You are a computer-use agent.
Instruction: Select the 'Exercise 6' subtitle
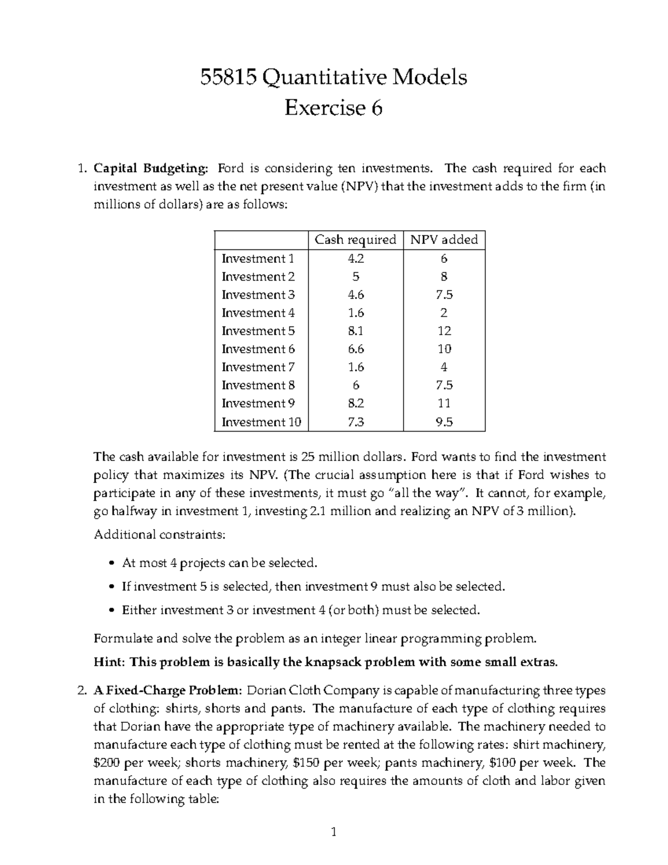click(333, 108)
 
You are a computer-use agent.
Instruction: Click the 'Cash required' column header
click(355, 240)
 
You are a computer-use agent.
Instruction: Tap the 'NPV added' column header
click(444, 240)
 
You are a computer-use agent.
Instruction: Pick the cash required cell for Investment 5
click(355, 331)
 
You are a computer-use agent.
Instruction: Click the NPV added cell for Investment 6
click(444, 349)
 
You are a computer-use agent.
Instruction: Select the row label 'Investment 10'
click(261, 422)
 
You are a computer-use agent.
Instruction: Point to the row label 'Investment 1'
click(257, 258)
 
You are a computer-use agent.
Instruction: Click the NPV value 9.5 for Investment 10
click(444, 422)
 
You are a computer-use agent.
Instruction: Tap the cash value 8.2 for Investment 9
click(355, 403)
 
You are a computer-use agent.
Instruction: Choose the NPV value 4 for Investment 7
click(444, 367)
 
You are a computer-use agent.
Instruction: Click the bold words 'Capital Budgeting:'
click(153, 168)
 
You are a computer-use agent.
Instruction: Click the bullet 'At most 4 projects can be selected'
click(219, 563)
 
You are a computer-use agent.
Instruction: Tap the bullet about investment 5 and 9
click(313, 587)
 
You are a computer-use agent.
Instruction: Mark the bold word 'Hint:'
click(110, 662)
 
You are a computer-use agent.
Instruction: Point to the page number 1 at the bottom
click(333, 833)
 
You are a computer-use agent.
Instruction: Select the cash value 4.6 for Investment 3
click(355, 295)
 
